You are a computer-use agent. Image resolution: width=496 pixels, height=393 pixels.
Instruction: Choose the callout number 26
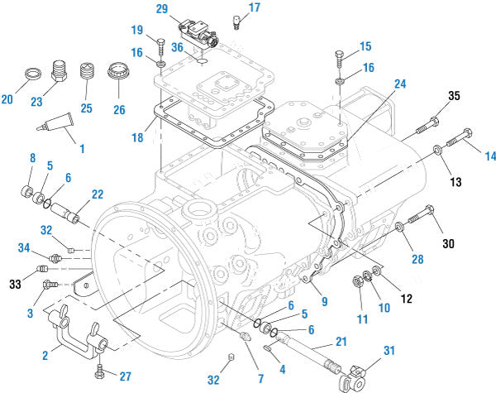coord(120,108)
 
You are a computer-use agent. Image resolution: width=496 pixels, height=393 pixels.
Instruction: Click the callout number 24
coord(400,84)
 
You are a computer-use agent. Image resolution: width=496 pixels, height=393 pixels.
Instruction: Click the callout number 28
coord(417,259)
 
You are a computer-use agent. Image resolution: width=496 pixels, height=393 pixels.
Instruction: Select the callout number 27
coord(125,376)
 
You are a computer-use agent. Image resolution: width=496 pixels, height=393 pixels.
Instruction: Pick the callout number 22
coord(98,194)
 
